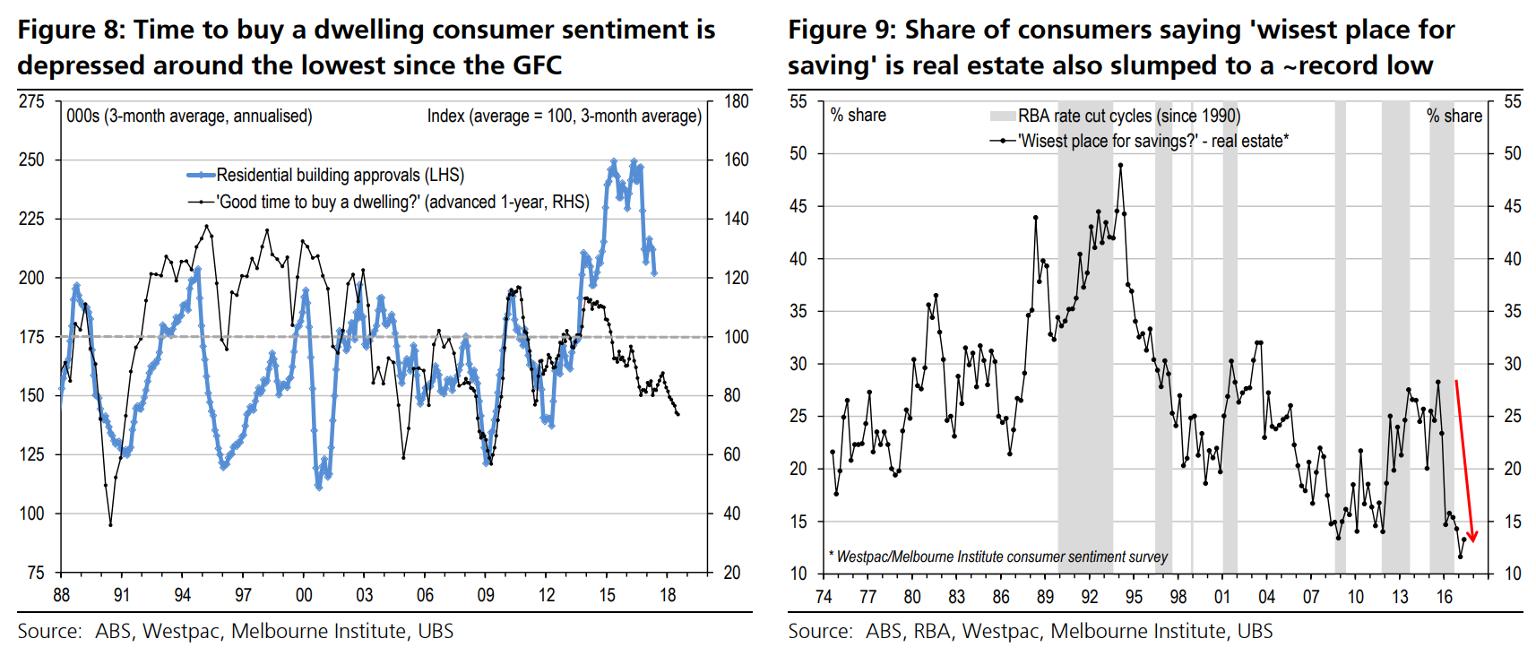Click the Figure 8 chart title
tap(366, 47)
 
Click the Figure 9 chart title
tap(1120, 47)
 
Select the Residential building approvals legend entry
tap(340, 175)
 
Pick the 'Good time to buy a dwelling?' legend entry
tap(402, 202)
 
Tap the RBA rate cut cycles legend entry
tap(1128, 116)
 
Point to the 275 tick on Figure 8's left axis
tap(31, 101)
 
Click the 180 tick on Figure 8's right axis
tap(737, 101)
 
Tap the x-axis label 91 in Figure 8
tap(122, 595)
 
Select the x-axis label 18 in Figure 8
tap(668, 595)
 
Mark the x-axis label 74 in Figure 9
tap(824, 597)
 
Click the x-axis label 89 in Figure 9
tap(1045, 597)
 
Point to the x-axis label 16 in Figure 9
tap(1444, 597)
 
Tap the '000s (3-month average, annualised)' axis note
tap(189, 116)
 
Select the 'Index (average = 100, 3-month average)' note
tap(564, 116)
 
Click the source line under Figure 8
tap(235, 631)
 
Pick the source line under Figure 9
tap(1030, 631)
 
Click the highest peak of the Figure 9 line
tap(1120, 165)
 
